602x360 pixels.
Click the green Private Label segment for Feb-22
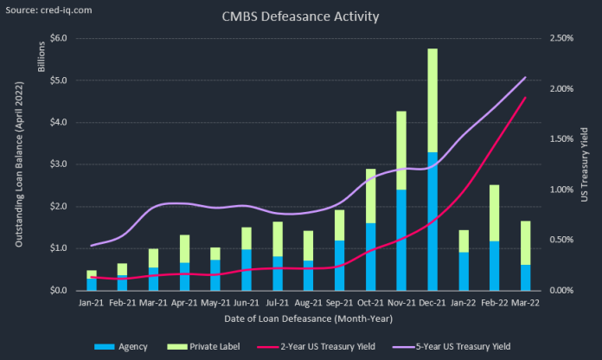tap(494, 213)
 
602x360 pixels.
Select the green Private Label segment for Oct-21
tap(370, 196)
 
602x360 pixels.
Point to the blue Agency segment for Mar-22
tap(525, 277)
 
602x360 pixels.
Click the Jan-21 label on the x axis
tap(92, 303)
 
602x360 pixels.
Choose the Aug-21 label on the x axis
tap(308, 303)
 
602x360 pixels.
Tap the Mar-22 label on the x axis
tap(525, 303)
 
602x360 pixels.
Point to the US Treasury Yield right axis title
tap(584, 164)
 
